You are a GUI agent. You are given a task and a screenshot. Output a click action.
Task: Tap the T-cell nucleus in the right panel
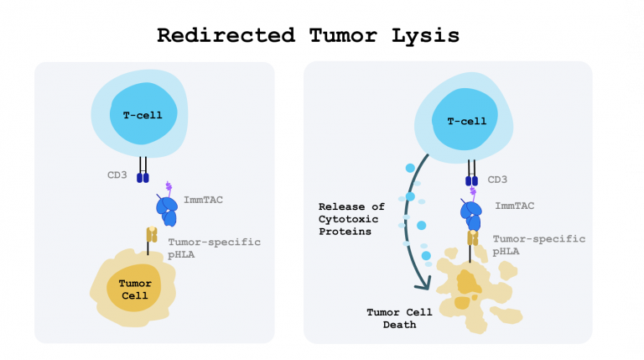[466, 121]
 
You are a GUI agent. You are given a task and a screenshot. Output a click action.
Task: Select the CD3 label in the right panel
[498, 180]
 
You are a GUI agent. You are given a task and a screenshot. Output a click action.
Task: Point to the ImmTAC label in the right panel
[514, 206]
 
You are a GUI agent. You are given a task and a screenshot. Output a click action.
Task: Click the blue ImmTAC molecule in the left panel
[167, 210]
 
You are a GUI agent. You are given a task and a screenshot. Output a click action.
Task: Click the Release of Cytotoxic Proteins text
[351, 218]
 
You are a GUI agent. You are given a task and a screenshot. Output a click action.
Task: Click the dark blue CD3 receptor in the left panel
[143, 178]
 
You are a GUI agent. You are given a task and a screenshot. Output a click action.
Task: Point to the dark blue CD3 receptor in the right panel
[470, 180]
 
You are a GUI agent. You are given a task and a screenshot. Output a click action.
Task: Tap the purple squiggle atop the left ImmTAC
[169, 188]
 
